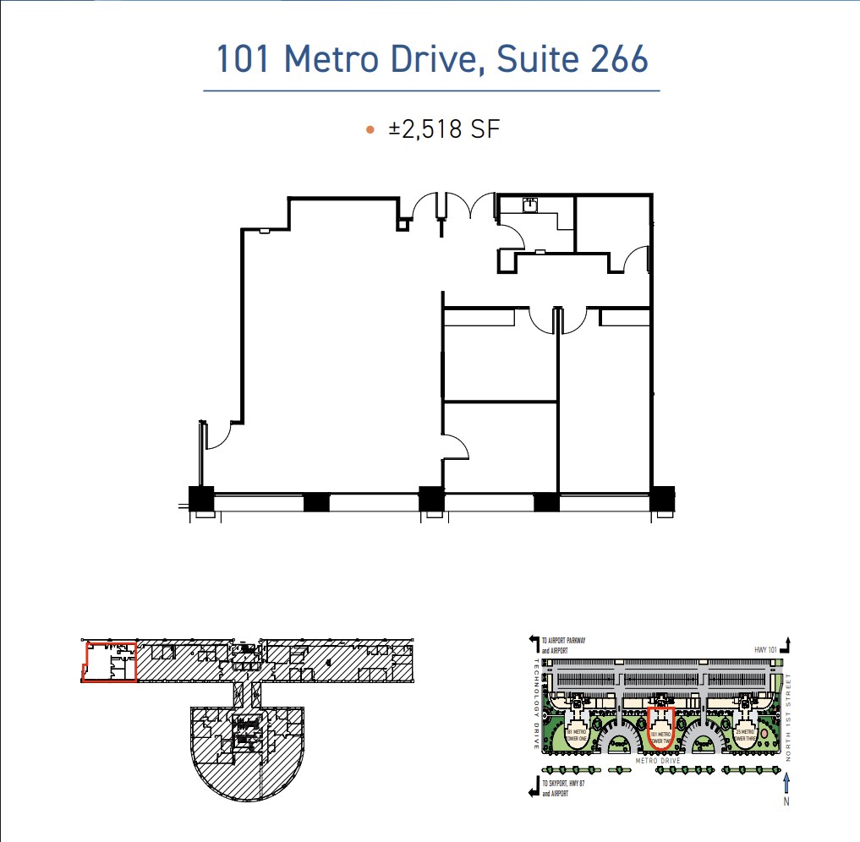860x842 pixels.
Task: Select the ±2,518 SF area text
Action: point(444,130)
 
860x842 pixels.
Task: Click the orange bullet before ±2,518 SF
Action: point(369,130)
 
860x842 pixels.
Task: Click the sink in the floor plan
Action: point(530,204)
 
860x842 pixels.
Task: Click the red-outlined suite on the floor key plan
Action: point(109,662)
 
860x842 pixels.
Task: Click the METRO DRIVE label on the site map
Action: point(659,760)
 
